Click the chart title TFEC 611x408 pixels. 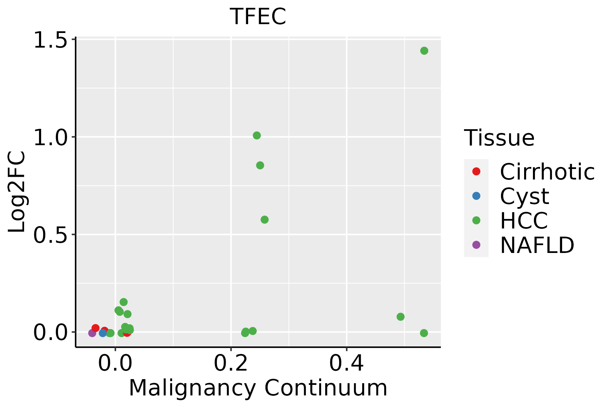[x=258, y=17]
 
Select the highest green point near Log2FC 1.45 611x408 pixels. [x=424, y=51]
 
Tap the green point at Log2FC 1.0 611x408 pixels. [x=257, y=136]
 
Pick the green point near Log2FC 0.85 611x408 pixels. [x=260, y=166]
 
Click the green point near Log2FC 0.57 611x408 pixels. [x=264, y=220]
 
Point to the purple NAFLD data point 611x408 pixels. [x=92, y=333]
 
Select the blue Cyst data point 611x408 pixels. [x=103, y=333]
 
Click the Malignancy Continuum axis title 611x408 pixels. [x=258, y=388]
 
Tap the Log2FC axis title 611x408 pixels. [x=17, y=192]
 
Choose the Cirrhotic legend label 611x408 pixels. [x=547, y=172]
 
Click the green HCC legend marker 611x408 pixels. [x=476, y=220]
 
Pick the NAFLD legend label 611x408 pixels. [x=537, y=245]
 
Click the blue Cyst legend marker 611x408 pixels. [x=476, y=196]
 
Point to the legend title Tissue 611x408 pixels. [x=499, y=138]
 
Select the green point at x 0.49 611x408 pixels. [x=401, y=317]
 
